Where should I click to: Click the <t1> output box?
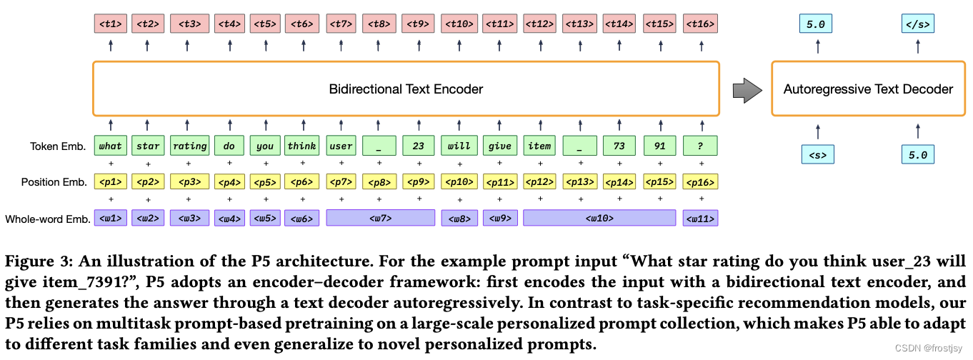click(x=111, y=24)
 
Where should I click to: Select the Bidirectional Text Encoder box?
click(x=406, y=89)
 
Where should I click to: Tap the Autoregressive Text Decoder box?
click(x=868, y=89)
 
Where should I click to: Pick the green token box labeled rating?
click(x=189, y=146)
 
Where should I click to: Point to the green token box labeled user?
click(x=341, y=146)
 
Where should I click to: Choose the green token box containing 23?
click(x=419, y=146)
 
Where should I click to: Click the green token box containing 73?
click(x=619, y=146)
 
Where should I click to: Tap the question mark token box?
click(x=700, y=146)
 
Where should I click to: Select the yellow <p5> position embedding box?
click(x=265, y=182)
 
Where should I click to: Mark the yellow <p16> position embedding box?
click(x=700, y=182)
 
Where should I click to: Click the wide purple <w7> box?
click(x=381, y=218)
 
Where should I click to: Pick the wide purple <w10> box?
click(x=599, y=218)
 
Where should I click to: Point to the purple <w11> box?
click(x=700, y=218)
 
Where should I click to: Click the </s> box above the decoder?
click(x=917, y=24)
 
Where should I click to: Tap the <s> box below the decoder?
click(x=818, y=154)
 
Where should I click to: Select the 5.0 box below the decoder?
click(x=917, y=154)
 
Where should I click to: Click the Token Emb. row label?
click(x=58, y=146)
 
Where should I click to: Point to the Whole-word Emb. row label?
click(x=48, y=219)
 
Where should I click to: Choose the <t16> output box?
click(x=700, y=24)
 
